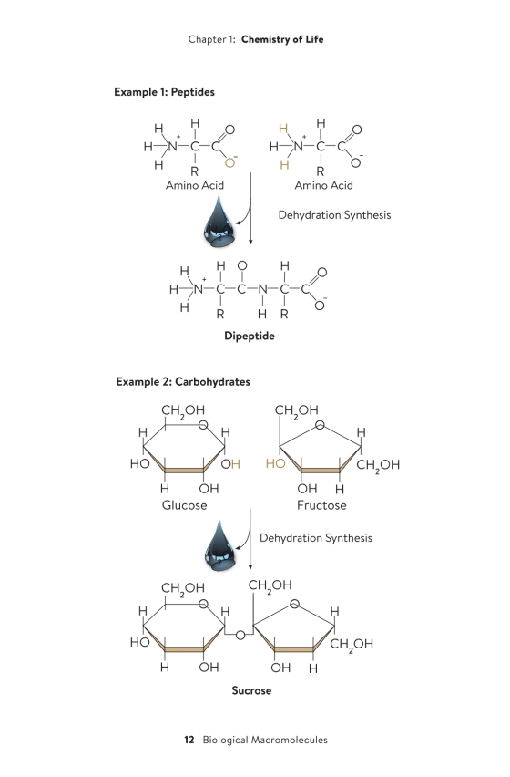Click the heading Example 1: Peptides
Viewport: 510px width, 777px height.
tap(164, 92)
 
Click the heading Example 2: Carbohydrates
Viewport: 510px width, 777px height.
tap(183, 381)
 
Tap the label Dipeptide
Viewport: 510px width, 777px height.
tap(250, 336)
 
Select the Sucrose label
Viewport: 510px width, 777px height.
tap(251, 690)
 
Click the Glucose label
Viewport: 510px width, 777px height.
tap(185, 505)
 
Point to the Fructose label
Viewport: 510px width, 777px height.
tap(321, 505)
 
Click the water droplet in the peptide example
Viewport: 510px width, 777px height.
tap(220, 223)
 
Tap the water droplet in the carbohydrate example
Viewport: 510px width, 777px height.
tap(220, 544)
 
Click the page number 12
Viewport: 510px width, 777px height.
tap(189, 740)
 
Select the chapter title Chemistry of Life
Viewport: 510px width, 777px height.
tap(282, 39)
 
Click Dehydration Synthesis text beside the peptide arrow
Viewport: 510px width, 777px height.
tap(334, 215)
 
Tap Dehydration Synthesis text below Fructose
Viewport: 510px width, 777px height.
tap(316, 538)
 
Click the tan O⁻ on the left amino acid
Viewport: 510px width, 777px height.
tap(230, 162)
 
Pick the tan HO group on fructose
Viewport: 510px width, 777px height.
tap(276, 464)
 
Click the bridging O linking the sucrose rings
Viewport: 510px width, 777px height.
tap(240, 635)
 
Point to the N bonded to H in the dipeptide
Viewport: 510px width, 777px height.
tap(262, 289)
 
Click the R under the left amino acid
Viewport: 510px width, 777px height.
tap(194, 171)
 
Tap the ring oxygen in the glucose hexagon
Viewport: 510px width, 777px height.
tap(203, 425)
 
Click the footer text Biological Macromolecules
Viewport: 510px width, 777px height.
tap(265, 740)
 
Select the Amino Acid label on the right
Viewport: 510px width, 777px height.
tap(324, 185)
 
